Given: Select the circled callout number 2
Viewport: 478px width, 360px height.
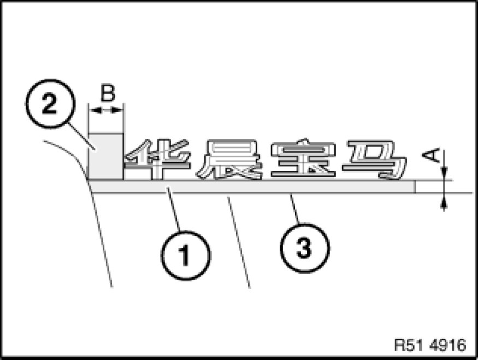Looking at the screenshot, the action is coord(49,104).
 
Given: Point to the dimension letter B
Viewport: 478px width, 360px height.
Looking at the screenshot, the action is coord(107,93).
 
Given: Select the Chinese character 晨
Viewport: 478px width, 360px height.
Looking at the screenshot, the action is coord(229,160).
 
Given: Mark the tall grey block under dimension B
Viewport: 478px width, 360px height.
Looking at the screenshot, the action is coord(105,156).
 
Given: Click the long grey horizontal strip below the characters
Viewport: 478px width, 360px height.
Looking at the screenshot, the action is coord(251,187).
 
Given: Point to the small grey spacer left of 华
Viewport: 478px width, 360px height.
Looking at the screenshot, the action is coord(136,174).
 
